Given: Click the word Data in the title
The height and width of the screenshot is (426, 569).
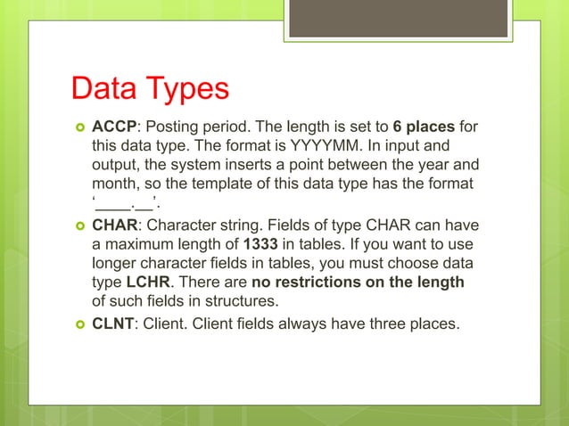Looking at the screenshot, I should coord(103,90).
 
